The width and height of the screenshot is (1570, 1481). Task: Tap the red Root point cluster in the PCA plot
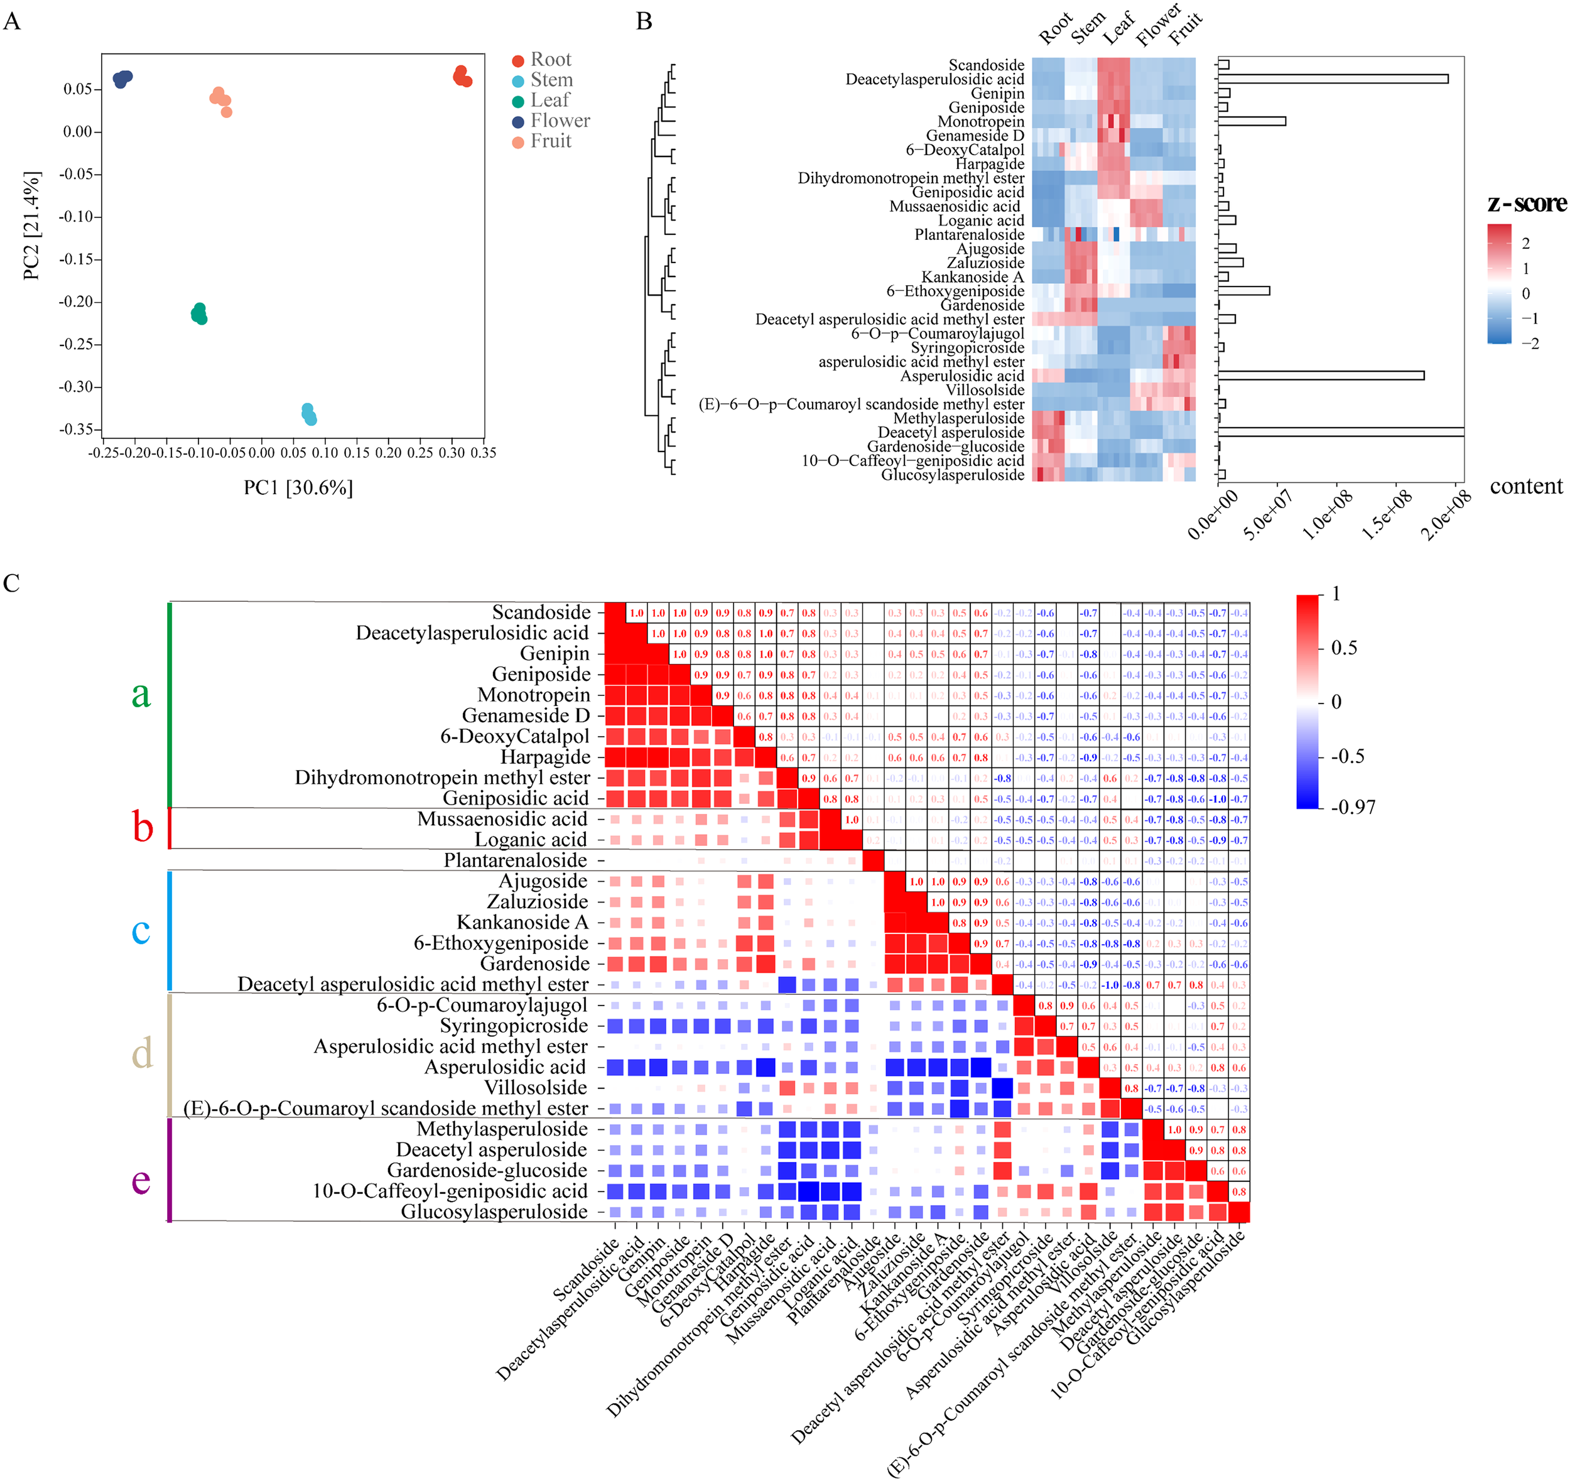click(463, 77)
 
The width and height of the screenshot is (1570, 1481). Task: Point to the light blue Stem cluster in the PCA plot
click(309, 414)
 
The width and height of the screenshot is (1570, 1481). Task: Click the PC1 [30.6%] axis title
click(298, 487)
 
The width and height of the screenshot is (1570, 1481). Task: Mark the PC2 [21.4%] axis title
click(31, 225)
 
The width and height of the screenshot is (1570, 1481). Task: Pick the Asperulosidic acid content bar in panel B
click(1321, 376)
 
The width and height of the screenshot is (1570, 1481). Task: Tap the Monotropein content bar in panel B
click(1251, 122)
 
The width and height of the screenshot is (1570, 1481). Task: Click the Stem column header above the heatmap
click(1088, 30)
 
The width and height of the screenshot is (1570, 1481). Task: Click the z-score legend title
click(1526, 203)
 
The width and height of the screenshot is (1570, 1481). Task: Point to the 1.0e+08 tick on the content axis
click(1327, 513)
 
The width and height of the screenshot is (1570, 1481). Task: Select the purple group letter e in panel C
click(141, 1181)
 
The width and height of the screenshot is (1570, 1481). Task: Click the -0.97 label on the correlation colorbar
click(1353, 807)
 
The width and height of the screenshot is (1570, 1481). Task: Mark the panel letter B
click(644, 21)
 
